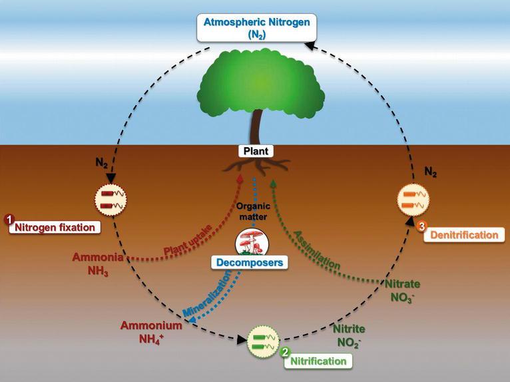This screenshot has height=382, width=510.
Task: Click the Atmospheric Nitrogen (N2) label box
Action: [x=256, y=28]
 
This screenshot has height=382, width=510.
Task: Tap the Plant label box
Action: [x=256, y=151]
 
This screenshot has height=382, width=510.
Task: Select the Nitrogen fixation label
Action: [x=55, y=227]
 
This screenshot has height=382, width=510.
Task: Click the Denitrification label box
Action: [x=464, y=235]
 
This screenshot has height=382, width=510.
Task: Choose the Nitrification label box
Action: [x=318, y=361]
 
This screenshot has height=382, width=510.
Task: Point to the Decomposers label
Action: [x=250, y=262]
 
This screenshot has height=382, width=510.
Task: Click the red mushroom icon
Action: [x=252, y=242]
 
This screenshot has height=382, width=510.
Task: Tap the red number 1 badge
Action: [x=9, y=220]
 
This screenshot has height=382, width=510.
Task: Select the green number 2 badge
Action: [x=285, y=352]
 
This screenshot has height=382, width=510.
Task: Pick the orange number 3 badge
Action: [x=421, y=226]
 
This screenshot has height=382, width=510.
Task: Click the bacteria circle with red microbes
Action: [x=111, y=199]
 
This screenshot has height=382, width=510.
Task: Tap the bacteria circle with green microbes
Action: [x=264, y=341]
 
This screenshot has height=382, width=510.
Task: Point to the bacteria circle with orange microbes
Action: [x=413, y=199]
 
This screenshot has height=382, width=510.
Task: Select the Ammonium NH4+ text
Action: [x=151, y=332]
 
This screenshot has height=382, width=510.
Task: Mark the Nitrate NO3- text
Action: [x=402, y=290]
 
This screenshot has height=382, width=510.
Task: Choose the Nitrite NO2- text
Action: [x=349, y=336]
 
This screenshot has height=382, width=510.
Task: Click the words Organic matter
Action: [x=253, y=212]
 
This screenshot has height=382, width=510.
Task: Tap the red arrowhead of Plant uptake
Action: [x=240, y=178]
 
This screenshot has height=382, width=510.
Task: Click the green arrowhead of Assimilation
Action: [x=273, y=183]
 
